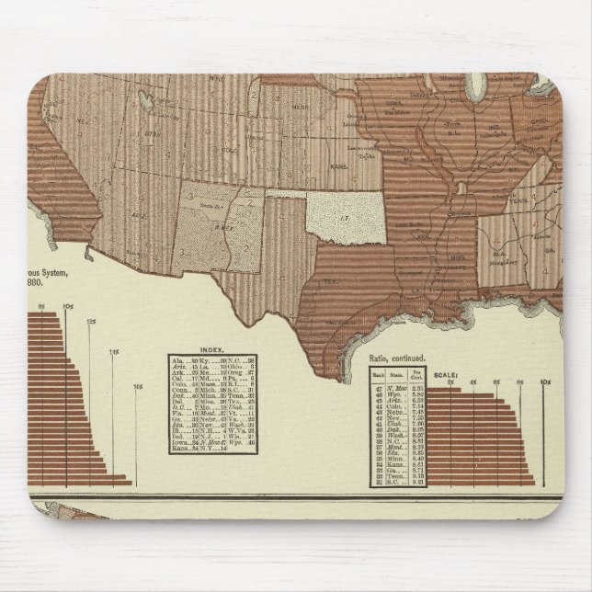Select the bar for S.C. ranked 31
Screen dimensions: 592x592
coord(486,484)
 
